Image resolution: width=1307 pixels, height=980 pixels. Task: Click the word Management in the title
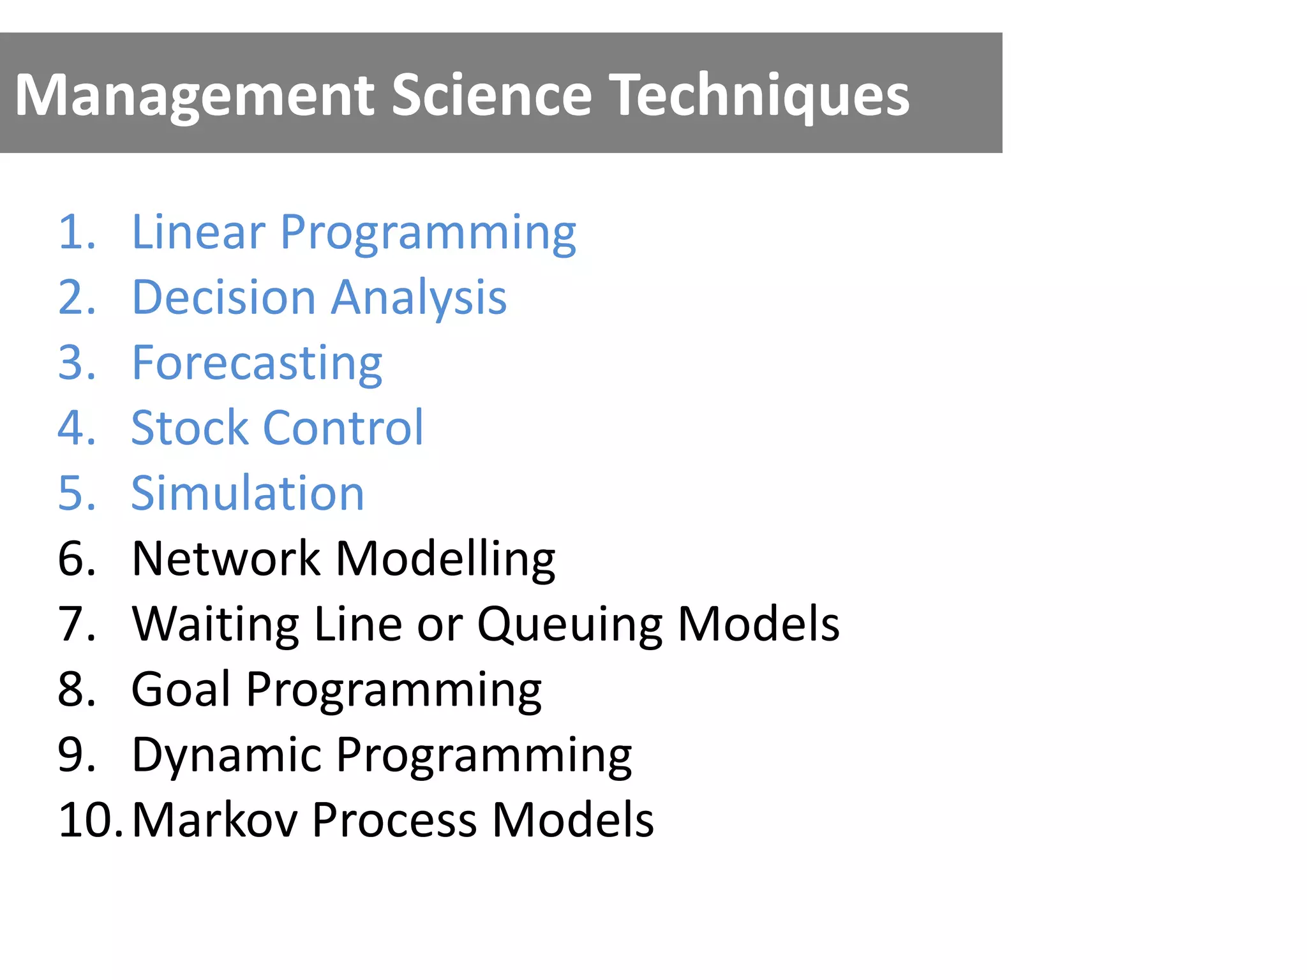tap(195, 95)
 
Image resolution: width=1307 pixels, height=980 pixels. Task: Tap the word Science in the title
tap(492, 95)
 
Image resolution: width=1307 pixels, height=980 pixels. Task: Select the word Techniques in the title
tap(759, 95)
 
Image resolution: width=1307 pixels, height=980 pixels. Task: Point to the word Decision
tap(224, 297)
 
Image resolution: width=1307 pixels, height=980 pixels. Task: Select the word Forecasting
tap(257, 363)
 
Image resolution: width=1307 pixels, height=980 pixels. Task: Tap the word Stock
tap(190, 428)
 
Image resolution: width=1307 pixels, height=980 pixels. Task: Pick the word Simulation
tap(248, 494)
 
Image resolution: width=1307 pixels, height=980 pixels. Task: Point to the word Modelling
tap(445, 559)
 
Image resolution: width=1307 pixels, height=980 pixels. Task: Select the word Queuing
tap(570, 625)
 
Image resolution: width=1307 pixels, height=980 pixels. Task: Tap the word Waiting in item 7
tap(216, 625)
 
